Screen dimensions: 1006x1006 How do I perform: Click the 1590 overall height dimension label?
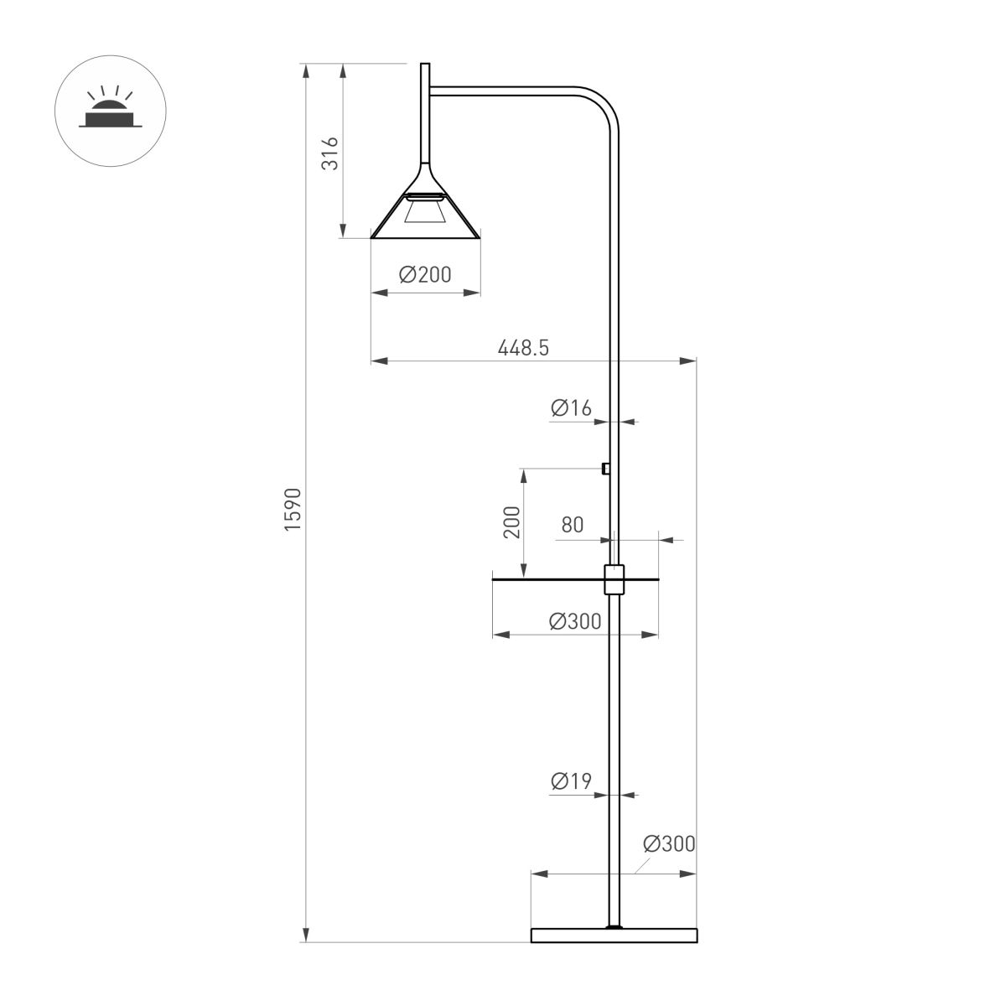[x=292, y=509]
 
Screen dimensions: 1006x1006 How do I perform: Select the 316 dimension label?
[x=331, y=153]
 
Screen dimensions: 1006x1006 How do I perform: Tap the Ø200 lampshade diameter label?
[x=425, y=274]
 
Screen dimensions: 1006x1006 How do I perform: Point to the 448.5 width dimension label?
[x=523, y=347]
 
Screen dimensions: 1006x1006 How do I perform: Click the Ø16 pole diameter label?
[x=571, y=408]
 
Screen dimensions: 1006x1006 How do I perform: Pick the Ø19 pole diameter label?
[x=571, y=781]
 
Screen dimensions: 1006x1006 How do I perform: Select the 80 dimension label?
[x=573, y=526]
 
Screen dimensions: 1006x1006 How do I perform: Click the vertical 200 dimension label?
[x=512, y=522]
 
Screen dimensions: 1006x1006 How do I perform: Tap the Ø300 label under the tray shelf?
[x=575, y=621]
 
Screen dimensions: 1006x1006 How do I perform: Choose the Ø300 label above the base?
[x=669, y=843]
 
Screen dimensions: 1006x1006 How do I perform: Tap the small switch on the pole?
[x=605, y=469]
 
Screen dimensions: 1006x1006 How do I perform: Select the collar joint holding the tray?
[x=614, y=579]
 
